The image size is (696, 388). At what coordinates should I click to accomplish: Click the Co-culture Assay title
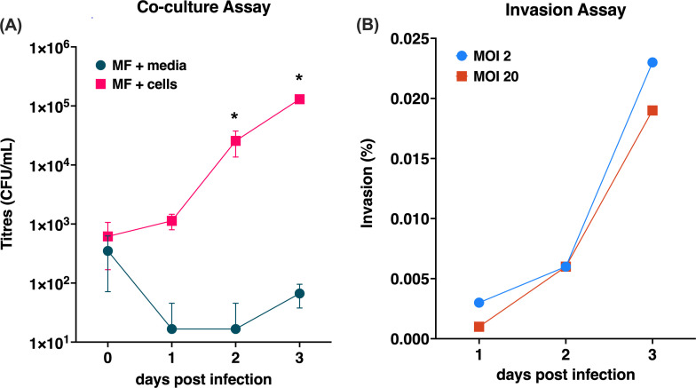pyautogui.click(x=204, y=7)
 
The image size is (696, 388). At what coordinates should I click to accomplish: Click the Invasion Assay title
pyautogui.click(x=565, y=9)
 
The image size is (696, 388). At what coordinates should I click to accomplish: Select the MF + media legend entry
pyautogui.click(x=141, y=66)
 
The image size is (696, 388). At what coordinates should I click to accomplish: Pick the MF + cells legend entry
pyautogui.click(x=137, y=83)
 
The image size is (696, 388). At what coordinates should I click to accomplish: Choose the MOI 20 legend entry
pyautogui.click(x=487, y=76)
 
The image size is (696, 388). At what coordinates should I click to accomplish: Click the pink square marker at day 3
pyautogui.click(x=299, y=99)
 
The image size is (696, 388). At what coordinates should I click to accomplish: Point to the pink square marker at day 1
pyautogui.click(x=172, y=220)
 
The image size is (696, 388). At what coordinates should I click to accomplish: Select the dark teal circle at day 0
pyautogui.click(x=108, y=250)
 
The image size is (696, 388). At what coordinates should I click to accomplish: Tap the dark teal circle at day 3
pyautogui.click(x=300, y=293)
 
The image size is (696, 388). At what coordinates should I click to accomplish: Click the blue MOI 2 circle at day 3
pyautogui.click(x=652, y=62)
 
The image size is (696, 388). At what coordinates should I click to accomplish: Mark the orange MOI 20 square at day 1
pyautogui.click(x=479, y=327)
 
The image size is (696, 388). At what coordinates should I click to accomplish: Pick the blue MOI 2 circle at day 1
pyautogui.click(x=479, y=303)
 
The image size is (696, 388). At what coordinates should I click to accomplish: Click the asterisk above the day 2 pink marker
pyautogui.click(x=234, y=117)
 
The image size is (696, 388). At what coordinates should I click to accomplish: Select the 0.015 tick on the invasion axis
pyautogui.click(x=410, y=159)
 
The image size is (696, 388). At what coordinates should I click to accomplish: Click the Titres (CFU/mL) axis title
pyautogui.click(x=8, y=194)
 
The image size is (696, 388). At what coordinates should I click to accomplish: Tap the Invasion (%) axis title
pyautogui.click(x=368, y=184)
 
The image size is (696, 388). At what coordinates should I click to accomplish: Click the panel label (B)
pyautogui.click(x=368, y=25)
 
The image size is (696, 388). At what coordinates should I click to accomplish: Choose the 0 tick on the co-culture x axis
pyautogui.click(x=108, y=357)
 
